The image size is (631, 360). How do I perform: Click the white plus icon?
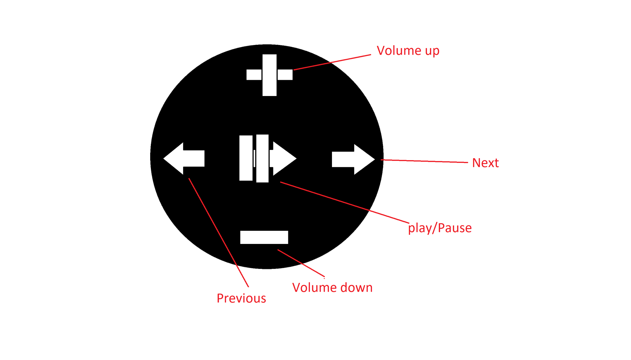[269, 75]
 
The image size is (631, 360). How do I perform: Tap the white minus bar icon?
[264, 237]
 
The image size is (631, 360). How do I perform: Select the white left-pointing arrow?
[184, 158]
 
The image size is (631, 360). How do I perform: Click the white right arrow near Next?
[354, 159]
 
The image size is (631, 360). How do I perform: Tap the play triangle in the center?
[283, 158]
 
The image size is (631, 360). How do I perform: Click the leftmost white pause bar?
[246, 158]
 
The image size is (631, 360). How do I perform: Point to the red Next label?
[485, 163]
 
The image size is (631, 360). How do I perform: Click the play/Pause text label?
[440, 228]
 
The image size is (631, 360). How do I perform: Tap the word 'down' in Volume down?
[357, 287]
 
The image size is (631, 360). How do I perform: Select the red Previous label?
[242, 298]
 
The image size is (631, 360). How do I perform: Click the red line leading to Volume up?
[332, 62]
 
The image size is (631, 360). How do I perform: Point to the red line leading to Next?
[424, 161]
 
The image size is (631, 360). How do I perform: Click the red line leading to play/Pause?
[345, 202]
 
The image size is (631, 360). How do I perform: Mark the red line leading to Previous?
[219, 232]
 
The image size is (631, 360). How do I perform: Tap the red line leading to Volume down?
[301, 263]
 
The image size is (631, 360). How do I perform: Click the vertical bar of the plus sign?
[269, 75]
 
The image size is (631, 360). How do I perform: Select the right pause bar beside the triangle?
[262, 158]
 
